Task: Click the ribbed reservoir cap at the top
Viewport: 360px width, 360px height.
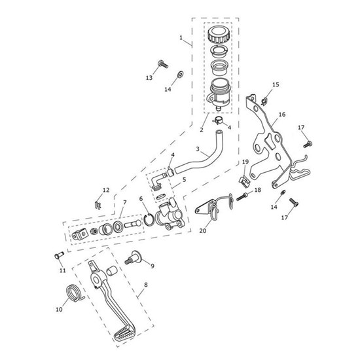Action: [x=219, y=35]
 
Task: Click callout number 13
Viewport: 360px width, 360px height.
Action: [x=149, y=78]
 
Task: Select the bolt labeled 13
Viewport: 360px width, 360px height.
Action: [x=163, y=63]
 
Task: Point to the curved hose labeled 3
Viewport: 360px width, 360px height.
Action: [x=198, y=153]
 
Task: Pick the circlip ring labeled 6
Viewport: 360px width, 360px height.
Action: [x=149, y=219]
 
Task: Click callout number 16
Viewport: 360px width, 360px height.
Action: [x=282, y=115]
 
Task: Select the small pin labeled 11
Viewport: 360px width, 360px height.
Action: [x=59, y=255]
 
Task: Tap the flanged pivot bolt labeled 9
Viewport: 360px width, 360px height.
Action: [x=134, y=258]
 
